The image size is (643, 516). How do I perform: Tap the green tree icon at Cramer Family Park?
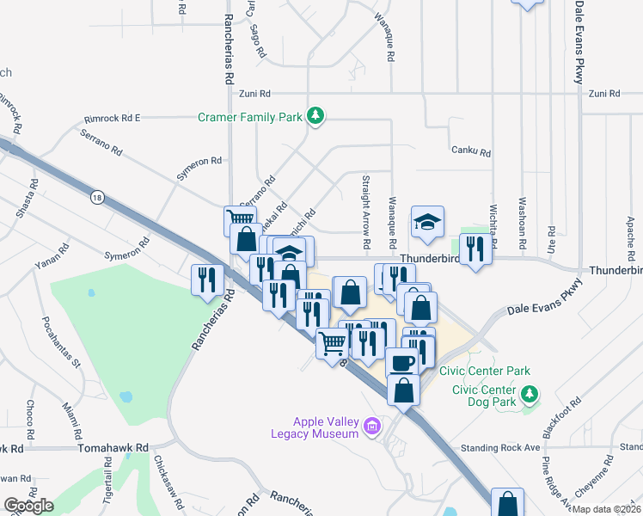315,116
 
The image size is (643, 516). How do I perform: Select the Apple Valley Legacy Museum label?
325,427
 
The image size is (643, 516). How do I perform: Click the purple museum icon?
372,427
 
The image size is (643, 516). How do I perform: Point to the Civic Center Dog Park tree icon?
531,394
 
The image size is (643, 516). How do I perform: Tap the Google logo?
28,506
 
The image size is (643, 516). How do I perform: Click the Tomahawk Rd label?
113,449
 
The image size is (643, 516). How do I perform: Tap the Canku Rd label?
470,152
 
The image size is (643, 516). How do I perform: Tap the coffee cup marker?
401,362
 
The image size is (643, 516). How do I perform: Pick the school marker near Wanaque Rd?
426,222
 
